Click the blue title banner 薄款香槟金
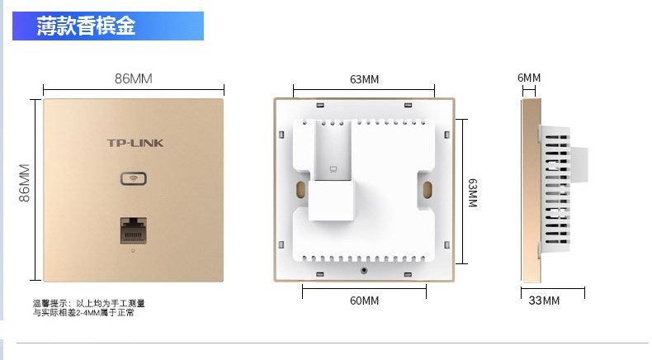(107, 26)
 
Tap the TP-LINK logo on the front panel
(135, 143)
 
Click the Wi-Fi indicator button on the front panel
(134, 178)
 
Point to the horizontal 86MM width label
(133, 79)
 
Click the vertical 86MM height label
(25, 182)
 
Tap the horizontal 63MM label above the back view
(364, 79)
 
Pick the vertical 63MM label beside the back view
(473, 196)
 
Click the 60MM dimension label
(364, 301)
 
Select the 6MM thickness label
(529, 78)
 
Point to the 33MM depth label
(544, 301)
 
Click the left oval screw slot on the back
(295, 189)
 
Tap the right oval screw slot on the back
(428, 189)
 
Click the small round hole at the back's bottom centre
(364, 269)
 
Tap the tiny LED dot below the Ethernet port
(133, 249)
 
